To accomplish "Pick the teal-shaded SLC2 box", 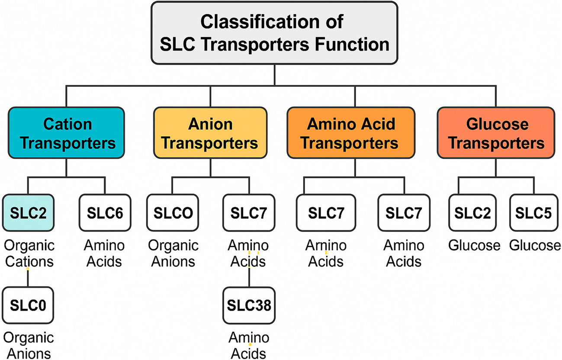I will (x=29, y=212).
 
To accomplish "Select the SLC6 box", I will (x=105, y=212).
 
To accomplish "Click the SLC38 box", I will (x=249, y=305).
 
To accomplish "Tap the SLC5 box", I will (x=535, y=212).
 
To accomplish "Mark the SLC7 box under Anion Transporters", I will (x=249, y=212).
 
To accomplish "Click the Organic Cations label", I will (x=29, y=254).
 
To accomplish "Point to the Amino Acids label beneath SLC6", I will (x=105, y=254).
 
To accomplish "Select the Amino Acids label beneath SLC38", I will (x=249, y=345).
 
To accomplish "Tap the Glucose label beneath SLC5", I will (x=535, y=246).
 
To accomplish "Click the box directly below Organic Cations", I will (x=29, y=305).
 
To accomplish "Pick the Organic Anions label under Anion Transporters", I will (x=173, y=254).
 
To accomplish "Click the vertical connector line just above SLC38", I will (x=249, y=278).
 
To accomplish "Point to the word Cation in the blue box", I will (x=67, y=124).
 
